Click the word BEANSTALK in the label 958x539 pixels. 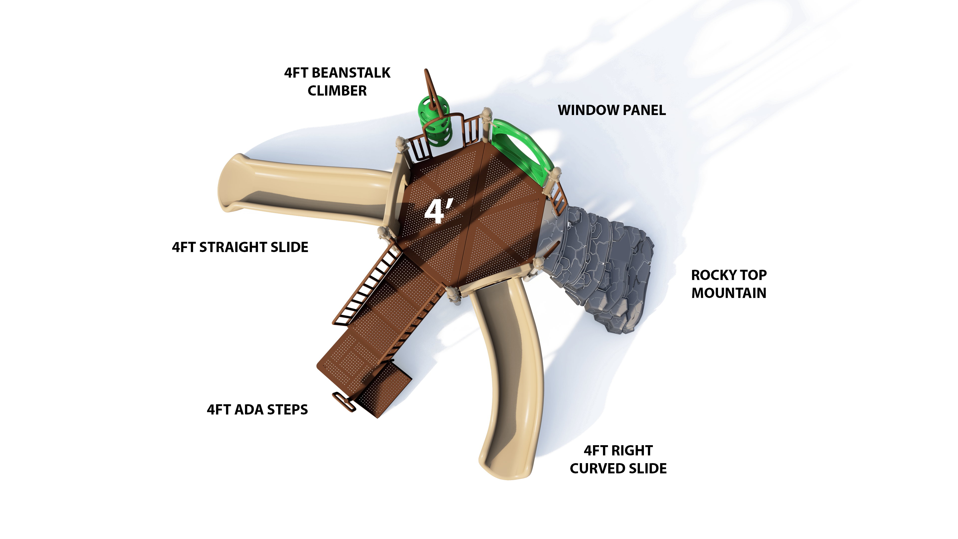coord(351,73)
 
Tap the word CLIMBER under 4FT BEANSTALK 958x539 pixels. coord(337,91)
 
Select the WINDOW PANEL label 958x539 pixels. coord(612,111)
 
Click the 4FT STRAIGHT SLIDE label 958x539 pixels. coord(240,247)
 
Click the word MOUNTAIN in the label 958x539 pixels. coord(728,293)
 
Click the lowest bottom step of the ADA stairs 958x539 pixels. coord(383,391)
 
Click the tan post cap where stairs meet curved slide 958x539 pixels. coord(452,294)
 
